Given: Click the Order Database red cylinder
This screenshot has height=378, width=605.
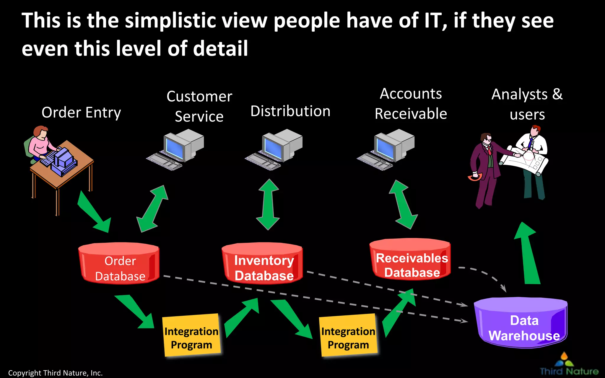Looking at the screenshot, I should (x=119, y=263).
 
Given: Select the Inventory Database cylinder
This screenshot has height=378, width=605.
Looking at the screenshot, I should (x=262, y=263).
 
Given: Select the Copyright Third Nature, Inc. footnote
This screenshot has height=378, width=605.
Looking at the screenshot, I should (x=55, y=373).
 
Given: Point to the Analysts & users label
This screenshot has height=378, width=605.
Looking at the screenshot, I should (x=527, y=104).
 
